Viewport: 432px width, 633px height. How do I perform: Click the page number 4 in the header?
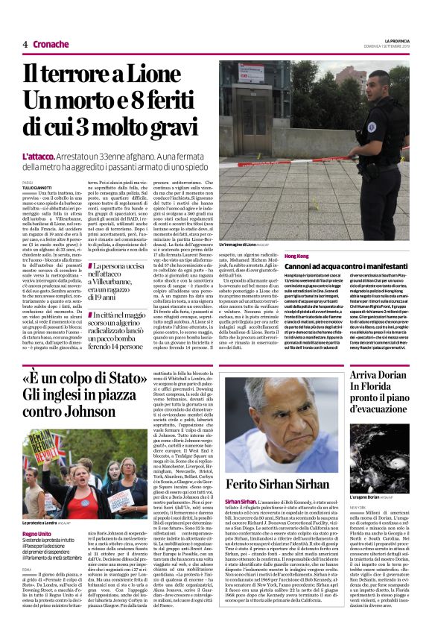click(x=25, y=44)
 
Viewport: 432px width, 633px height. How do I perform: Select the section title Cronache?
click(x=51, y=44)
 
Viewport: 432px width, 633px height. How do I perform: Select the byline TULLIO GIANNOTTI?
click(x=38, y=187)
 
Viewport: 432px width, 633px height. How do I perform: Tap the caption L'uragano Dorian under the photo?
click(x=369, y=497)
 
